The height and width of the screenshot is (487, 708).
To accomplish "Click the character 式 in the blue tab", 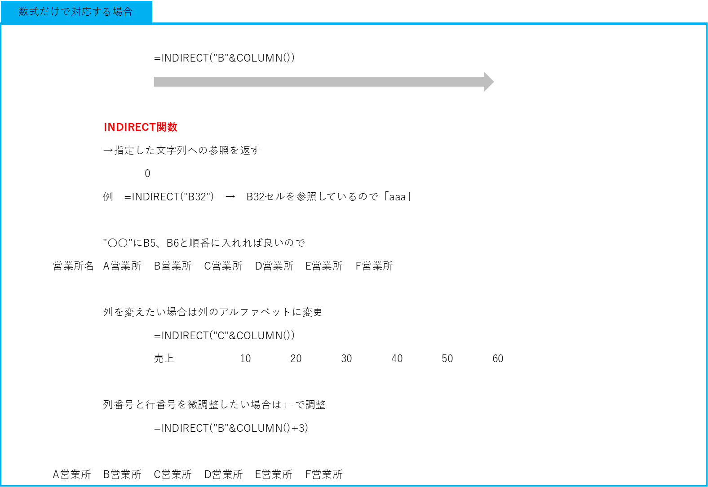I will pyautogui.click(x=34, y=12).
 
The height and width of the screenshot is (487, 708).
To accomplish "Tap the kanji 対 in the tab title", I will pyautogui.click(x=75, y=12).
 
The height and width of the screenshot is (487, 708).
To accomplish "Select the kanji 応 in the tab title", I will pyautogui.click(x=86, y=12).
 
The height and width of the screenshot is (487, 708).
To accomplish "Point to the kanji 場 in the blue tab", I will pyautogui.click(x=117, y=12).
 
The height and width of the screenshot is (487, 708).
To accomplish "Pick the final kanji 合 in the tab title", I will pyautogui.click(x=128, y=12).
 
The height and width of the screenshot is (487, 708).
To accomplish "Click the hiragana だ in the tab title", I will pyautogui.click(x=44, y=12).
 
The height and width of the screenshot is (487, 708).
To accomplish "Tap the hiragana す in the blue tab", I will pyautogui.click(x=96, y=12).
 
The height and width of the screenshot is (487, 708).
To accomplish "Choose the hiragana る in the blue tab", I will pyautogui.click(x=107, y=12).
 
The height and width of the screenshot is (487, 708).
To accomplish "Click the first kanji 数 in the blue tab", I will pyautogui.click(x=23, y=12).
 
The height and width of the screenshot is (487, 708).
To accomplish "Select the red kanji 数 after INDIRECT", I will pyautogui.click(x=173, y=127).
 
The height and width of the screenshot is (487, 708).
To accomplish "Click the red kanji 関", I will pyautogui.click(x=162, y=127).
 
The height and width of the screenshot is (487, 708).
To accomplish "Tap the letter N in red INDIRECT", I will pyautogui.click(x=111, y=127).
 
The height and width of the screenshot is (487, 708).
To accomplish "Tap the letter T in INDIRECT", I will pyautogui.click(x=152, y=127).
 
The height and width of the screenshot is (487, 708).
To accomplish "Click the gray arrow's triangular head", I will pyautogui.click(x=489, y=82).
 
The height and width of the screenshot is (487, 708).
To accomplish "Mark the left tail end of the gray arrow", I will pyautogui.click(x=155, y=82).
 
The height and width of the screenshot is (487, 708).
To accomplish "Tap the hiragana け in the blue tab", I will pyautogui.click(x=54, y=12).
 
